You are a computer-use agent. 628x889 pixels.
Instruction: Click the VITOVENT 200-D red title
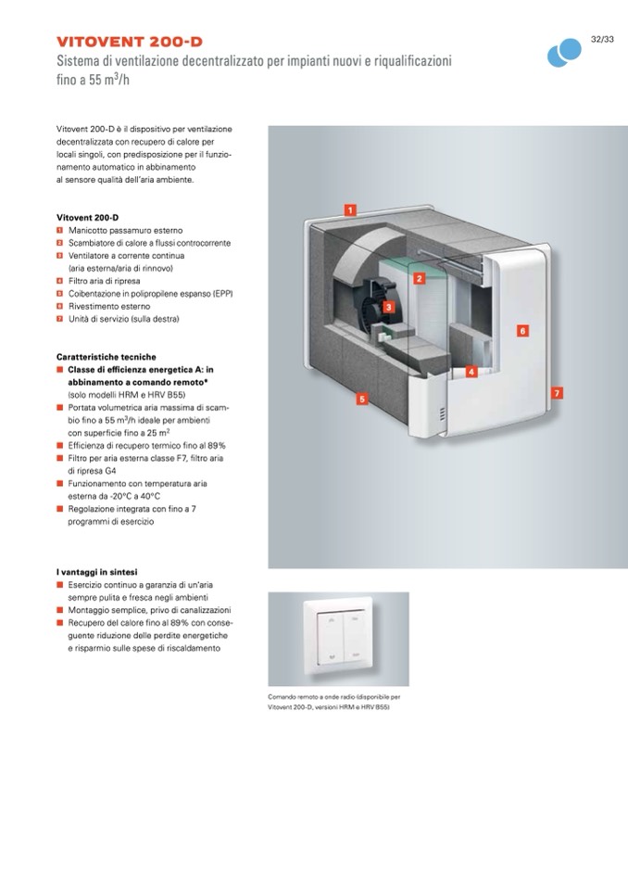(x=129, y=42)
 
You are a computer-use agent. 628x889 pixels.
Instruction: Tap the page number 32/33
(x=602, y=40)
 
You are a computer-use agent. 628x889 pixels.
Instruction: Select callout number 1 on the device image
(x=350, y=210)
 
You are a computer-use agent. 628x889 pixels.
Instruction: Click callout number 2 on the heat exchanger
(x=419, y=278)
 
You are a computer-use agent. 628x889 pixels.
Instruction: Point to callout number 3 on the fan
(x=389, y=306)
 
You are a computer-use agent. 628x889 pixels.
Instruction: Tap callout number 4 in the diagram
(x=471, y=372)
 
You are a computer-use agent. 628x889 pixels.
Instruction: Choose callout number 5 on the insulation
(x=362, y=399)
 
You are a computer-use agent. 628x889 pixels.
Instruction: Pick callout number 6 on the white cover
(x=522, y=330)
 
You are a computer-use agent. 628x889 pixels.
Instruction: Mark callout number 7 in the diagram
(x=556, y=393)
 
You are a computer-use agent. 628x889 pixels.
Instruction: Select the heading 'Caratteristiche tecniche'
(x=106, y=357)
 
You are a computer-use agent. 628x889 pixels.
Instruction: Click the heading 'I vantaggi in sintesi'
(x=104, y=572)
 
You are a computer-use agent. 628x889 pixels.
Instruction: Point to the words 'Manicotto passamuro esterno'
(x=125, y=230)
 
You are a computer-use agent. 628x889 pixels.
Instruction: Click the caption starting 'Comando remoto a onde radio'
(x=333, y=696)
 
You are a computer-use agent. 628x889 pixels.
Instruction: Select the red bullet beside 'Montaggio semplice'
(x=59, y=611)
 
